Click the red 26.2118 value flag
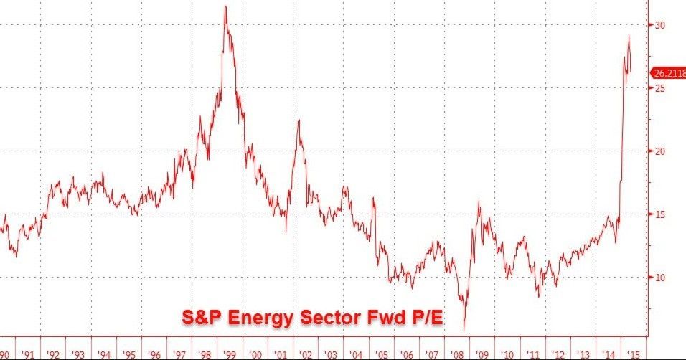tap(668, 72)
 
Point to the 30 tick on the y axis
tap(659, 25)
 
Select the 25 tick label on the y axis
tap(659, 88)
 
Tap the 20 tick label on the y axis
tap(659, 151)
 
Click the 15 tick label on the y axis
tap(659, 214)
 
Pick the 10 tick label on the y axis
tap(659, 278)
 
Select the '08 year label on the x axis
tap(457, 354)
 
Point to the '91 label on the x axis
tap(29, 354)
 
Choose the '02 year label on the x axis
tap(306, 354)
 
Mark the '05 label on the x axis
tap(382, 354)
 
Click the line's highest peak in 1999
tap(226, 6)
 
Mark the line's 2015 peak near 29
tap(629, 36)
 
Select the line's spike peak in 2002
tap(299, 120)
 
